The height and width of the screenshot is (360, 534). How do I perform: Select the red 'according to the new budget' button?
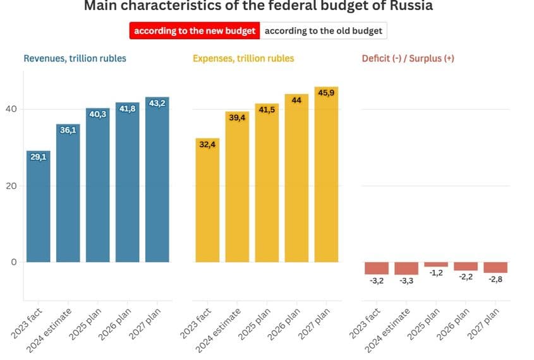195,31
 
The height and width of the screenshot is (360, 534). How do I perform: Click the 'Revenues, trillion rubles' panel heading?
75,59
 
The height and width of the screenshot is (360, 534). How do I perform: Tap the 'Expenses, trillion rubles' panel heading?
243,59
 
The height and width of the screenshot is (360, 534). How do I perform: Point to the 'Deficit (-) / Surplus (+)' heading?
408,59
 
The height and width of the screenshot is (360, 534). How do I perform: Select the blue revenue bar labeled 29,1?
39,208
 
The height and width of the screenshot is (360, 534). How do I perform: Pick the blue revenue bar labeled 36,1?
68,196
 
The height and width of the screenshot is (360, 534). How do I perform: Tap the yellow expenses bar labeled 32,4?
207,202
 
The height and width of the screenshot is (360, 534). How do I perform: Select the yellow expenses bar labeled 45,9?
327,177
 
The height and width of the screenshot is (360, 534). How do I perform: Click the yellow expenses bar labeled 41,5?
267,186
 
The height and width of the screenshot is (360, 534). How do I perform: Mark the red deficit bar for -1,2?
436,265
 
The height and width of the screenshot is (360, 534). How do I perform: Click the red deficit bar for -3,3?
406,268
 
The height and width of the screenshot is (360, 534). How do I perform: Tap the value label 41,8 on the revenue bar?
128,109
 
